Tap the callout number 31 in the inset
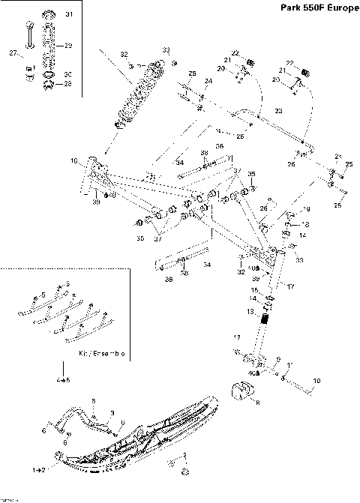69,15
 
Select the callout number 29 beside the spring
68,46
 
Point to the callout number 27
13,52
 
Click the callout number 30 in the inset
68,74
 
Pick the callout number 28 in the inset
68,83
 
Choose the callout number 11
292,364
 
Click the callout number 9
280,361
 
